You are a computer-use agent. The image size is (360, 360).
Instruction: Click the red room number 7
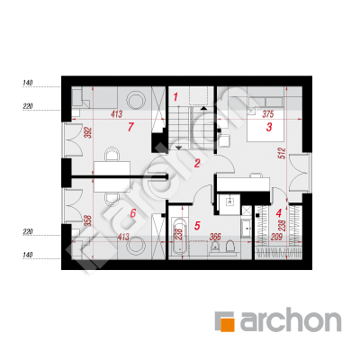pyautogui.click(x=130, y=127)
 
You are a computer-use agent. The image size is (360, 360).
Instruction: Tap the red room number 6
pyautogui.click(x=133, y=213)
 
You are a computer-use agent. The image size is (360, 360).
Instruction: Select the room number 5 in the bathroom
pyautogui.click(x=197, y=226)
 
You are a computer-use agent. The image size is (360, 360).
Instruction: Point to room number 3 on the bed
pyautogui.click(x=269, y=127)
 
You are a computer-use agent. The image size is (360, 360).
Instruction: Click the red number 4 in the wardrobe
pyautogui.click(x=279, y=213)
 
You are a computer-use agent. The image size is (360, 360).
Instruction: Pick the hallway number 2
pyautogui.click(x=197, y=164)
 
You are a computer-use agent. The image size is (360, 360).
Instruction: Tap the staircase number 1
pyautogui.click(x=175, y=97)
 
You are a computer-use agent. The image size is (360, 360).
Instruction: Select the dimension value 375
pyautogui.click(x=268, y=114)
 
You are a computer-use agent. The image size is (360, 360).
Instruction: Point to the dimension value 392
pyautogui.click(x=89, y=133)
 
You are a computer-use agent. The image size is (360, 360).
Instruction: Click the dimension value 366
pyautogui.click(x=215, y=237)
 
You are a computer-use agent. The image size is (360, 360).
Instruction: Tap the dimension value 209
pyautogui.click(x=276, y=237)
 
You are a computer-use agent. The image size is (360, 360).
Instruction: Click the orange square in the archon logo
pyautogui.click(x=227, y=325)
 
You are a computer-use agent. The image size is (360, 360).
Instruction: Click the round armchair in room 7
pyautogui.click(x=136, y=100)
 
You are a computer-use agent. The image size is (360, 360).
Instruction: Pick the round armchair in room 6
pyautogui.click(x=136, y=245)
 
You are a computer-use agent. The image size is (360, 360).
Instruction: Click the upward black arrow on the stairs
pyautogui.click(x=204, y=108)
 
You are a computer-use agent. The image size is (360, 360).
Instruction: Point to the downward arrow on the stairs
pyautogui.click(x=179, y=148)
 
